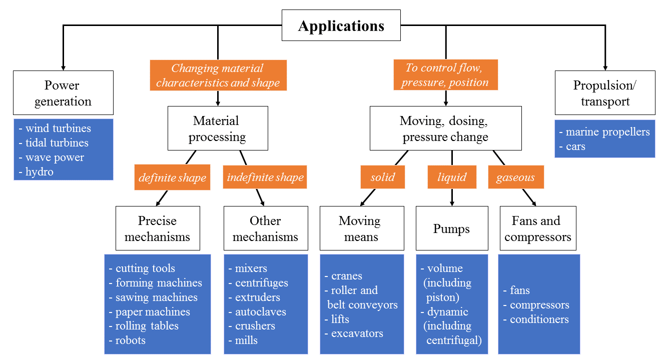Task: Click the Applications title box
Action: pos(341,26)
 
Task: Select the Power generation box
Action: pos(63,93)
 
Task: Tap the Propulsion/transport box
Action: pos(604,93)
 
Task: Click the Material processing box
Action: pos(217,128)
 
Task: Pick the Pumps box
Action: pos(451,228)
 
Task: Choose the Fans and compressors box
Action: pos(537,228)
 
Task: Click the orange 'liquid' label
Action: pos(452,177)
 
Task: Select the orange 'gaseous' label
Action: pos(515,177)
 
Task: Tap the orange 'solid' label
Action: pos(383,177)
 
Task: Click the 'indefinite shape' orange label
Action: pos(265,177)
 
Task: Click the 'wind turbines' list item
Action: pos(58,128)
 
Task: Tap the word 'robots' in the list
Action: pos(130,340)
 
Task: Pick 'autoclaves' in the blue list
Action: pos(260,311)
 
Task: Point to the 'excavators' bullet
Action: pos(357,333)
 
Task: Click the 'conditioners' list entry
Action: pos(539,319)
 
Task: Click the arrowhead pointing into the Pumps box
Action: pos(452,203)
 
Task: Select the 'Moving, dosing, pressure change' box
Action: pos(445,128)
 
